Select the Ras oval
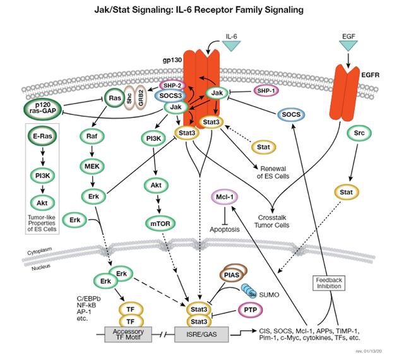(114, 99)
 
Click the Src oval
(357, 133)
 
